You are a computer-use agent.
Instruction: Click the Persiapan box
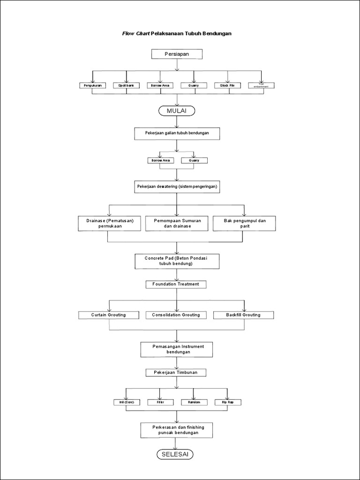point(177,54)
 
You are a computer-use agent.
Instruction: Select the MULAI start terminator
point(177,111)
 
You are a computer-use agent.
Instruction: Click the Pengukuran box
point(92,86)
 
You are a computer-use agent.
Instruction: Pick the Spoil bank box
point(126,86)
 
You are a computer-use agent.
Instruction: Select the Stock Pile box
point(228,86)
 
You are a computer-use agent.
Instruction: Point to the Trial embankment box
point(261,86)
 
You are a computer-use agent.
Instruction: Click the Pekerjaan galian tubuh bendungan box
point(177,134)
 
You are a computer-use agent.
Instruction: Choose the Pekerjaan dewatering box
point(177,187)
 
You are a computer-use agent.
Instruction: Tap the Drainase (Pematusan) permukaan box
point(109,223)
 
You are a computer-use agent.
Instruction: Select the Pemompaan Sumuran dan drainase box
point(177,223)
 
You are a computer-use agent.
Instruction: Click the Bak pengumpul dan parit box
point(244,223)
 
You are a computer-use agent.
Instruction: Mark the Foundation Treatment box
point(176,284)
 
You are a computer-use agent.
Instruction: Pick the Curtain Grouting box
point(109,315)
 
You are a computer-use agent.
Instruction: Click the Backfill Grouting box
point(244,315)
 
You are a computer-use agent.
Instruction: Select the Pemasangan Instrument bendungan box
point(176,349)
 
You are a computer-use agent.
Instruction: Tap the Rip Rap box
point(227,402)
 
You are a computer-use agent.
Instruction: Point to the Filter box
point(160,402)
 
